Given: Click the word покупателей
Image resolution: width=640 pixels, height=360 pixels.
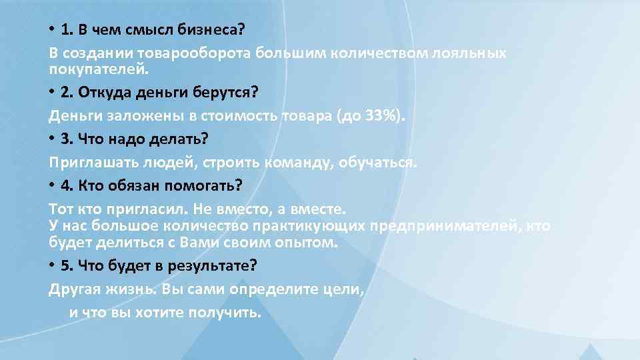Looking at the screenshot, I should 98,69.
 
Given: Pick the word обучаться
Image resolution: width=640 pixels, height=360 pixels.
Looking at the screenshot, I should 380,161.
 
